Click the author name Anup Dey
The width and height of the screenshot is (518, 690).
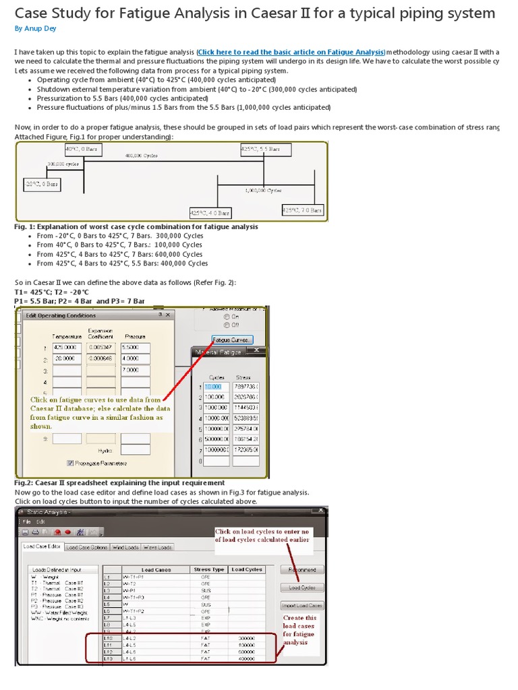[31, 28]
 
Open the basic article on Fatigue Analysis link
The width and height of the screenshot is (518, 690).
[291, 52]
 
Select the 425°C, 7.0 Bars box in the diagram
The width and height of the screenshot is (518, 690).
[302, 210]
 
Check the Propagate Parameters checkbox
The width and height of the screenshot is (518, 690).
[70, 463]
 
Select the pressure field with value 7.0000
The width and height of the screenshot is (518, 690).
[132, 370]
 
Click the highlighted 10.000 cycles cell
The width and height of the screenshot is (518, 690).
[216, 386]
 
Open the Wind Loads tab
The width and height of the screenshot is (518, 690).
[125, 547]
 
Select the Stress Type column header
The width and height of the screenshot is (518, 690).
[208, 570]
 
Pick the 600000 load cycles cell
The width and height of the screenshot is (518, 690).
[247, 652]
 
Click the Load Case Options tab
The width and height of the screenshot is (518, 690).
[87, 547]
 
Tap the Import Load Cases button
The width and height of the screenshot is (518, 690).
[301, 605]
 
